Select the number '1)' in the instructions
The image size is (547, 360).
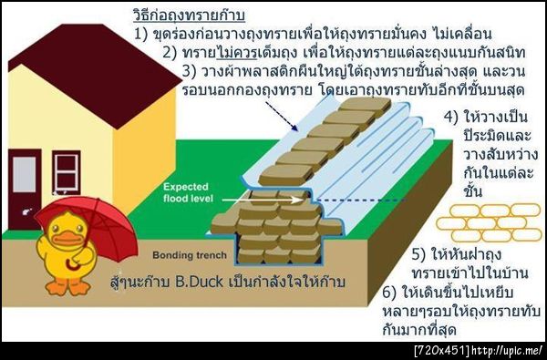(141, 35)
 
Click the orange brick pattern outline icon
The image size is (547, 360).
(488, 221)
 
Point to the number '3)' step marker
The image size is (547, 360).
(191, 70)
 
